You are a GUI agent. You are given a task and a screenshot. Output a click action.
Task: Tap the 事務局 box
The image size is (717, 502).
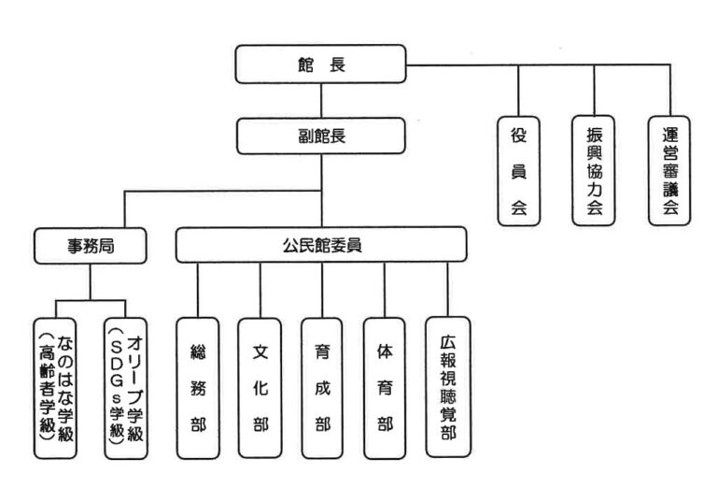pyautogui.click(x=91, y=246)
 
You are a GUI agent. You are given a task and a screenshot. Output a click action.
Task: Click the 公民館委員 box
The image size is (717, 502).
pyautogui.click(x=321, y=245)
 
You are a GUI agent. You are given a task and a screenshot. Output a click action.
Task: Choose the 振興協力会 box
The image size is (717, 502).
pyautogui.click(x=594, y=171)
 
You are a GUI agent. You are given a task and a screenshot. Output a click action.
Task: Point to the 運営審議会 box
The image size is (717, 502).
pyautogui.click(x=668, y=171)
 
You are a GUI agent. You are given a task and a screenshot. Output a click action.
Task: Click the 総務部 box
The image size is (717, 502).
pyautogui.click(x=198, y=388)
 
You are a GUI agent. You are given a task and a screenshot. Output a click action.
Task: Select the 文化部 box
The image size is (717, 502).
pyautogui.click(x=260, y=388)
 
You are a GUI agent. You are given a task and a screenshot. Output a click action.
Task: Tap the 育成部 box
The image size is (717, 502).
pyautogui.click(x=322, y=388)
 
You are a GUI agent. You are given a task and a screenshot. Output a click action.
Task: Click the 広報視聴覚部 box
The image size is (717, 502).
pyautogui.click(x=447, y=386)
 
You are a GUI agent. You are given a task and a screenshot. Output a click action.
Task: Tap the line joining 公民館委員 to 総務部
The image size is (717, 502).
pyautogui.click(x=198, y=290)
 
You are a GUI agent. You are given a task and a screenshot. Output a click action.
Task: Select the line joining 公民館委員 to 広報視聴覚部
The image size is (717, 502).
pyautogui.click(x=447, y=290)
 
